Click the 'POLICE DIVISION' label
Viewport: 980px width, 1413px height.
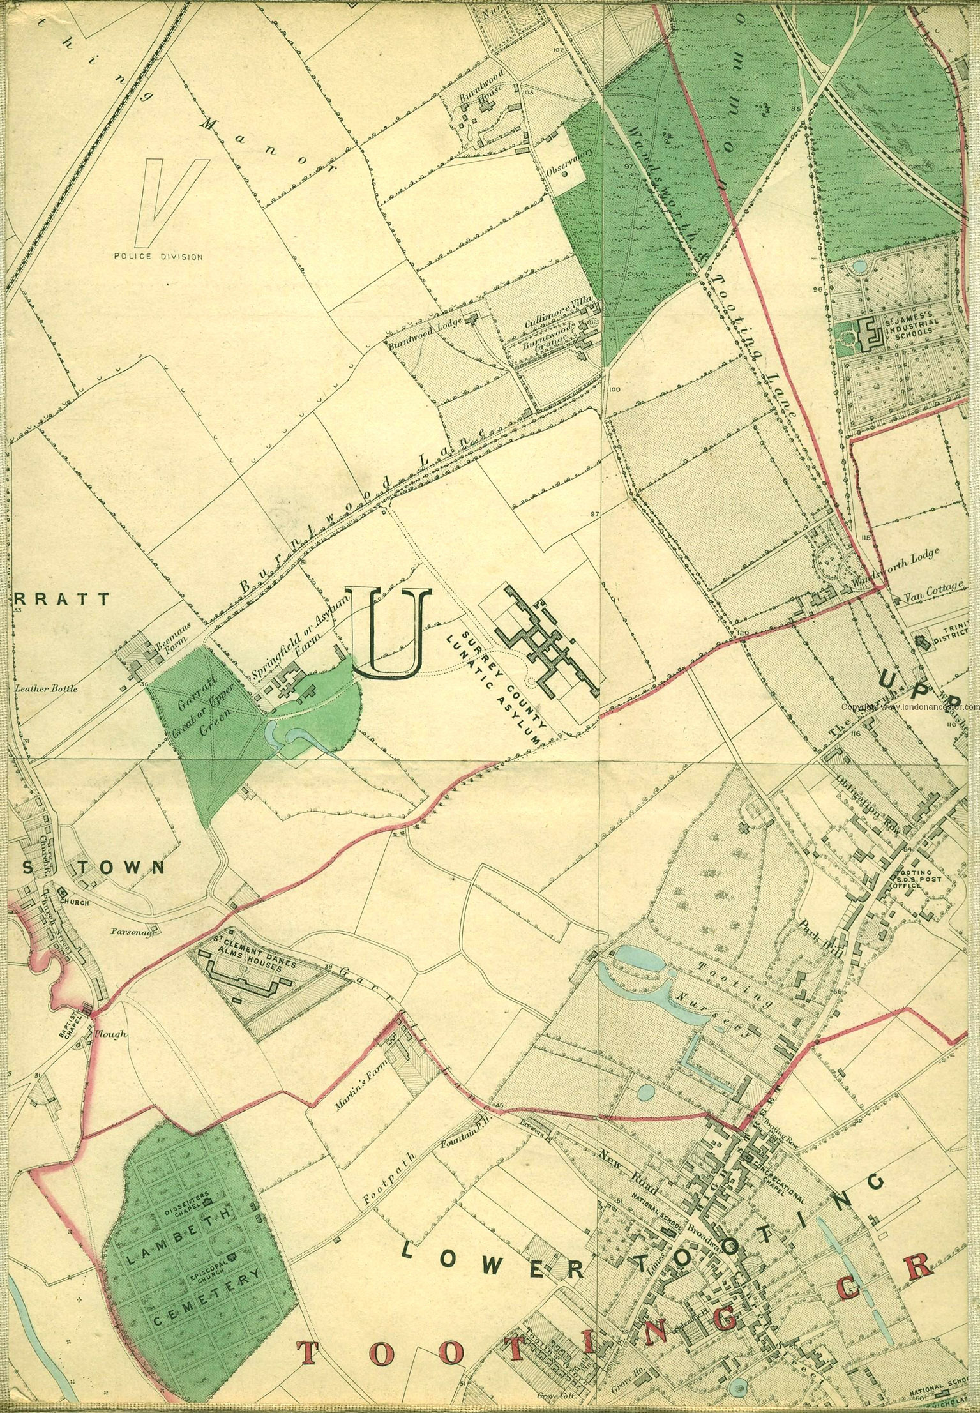pos(158,257)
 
